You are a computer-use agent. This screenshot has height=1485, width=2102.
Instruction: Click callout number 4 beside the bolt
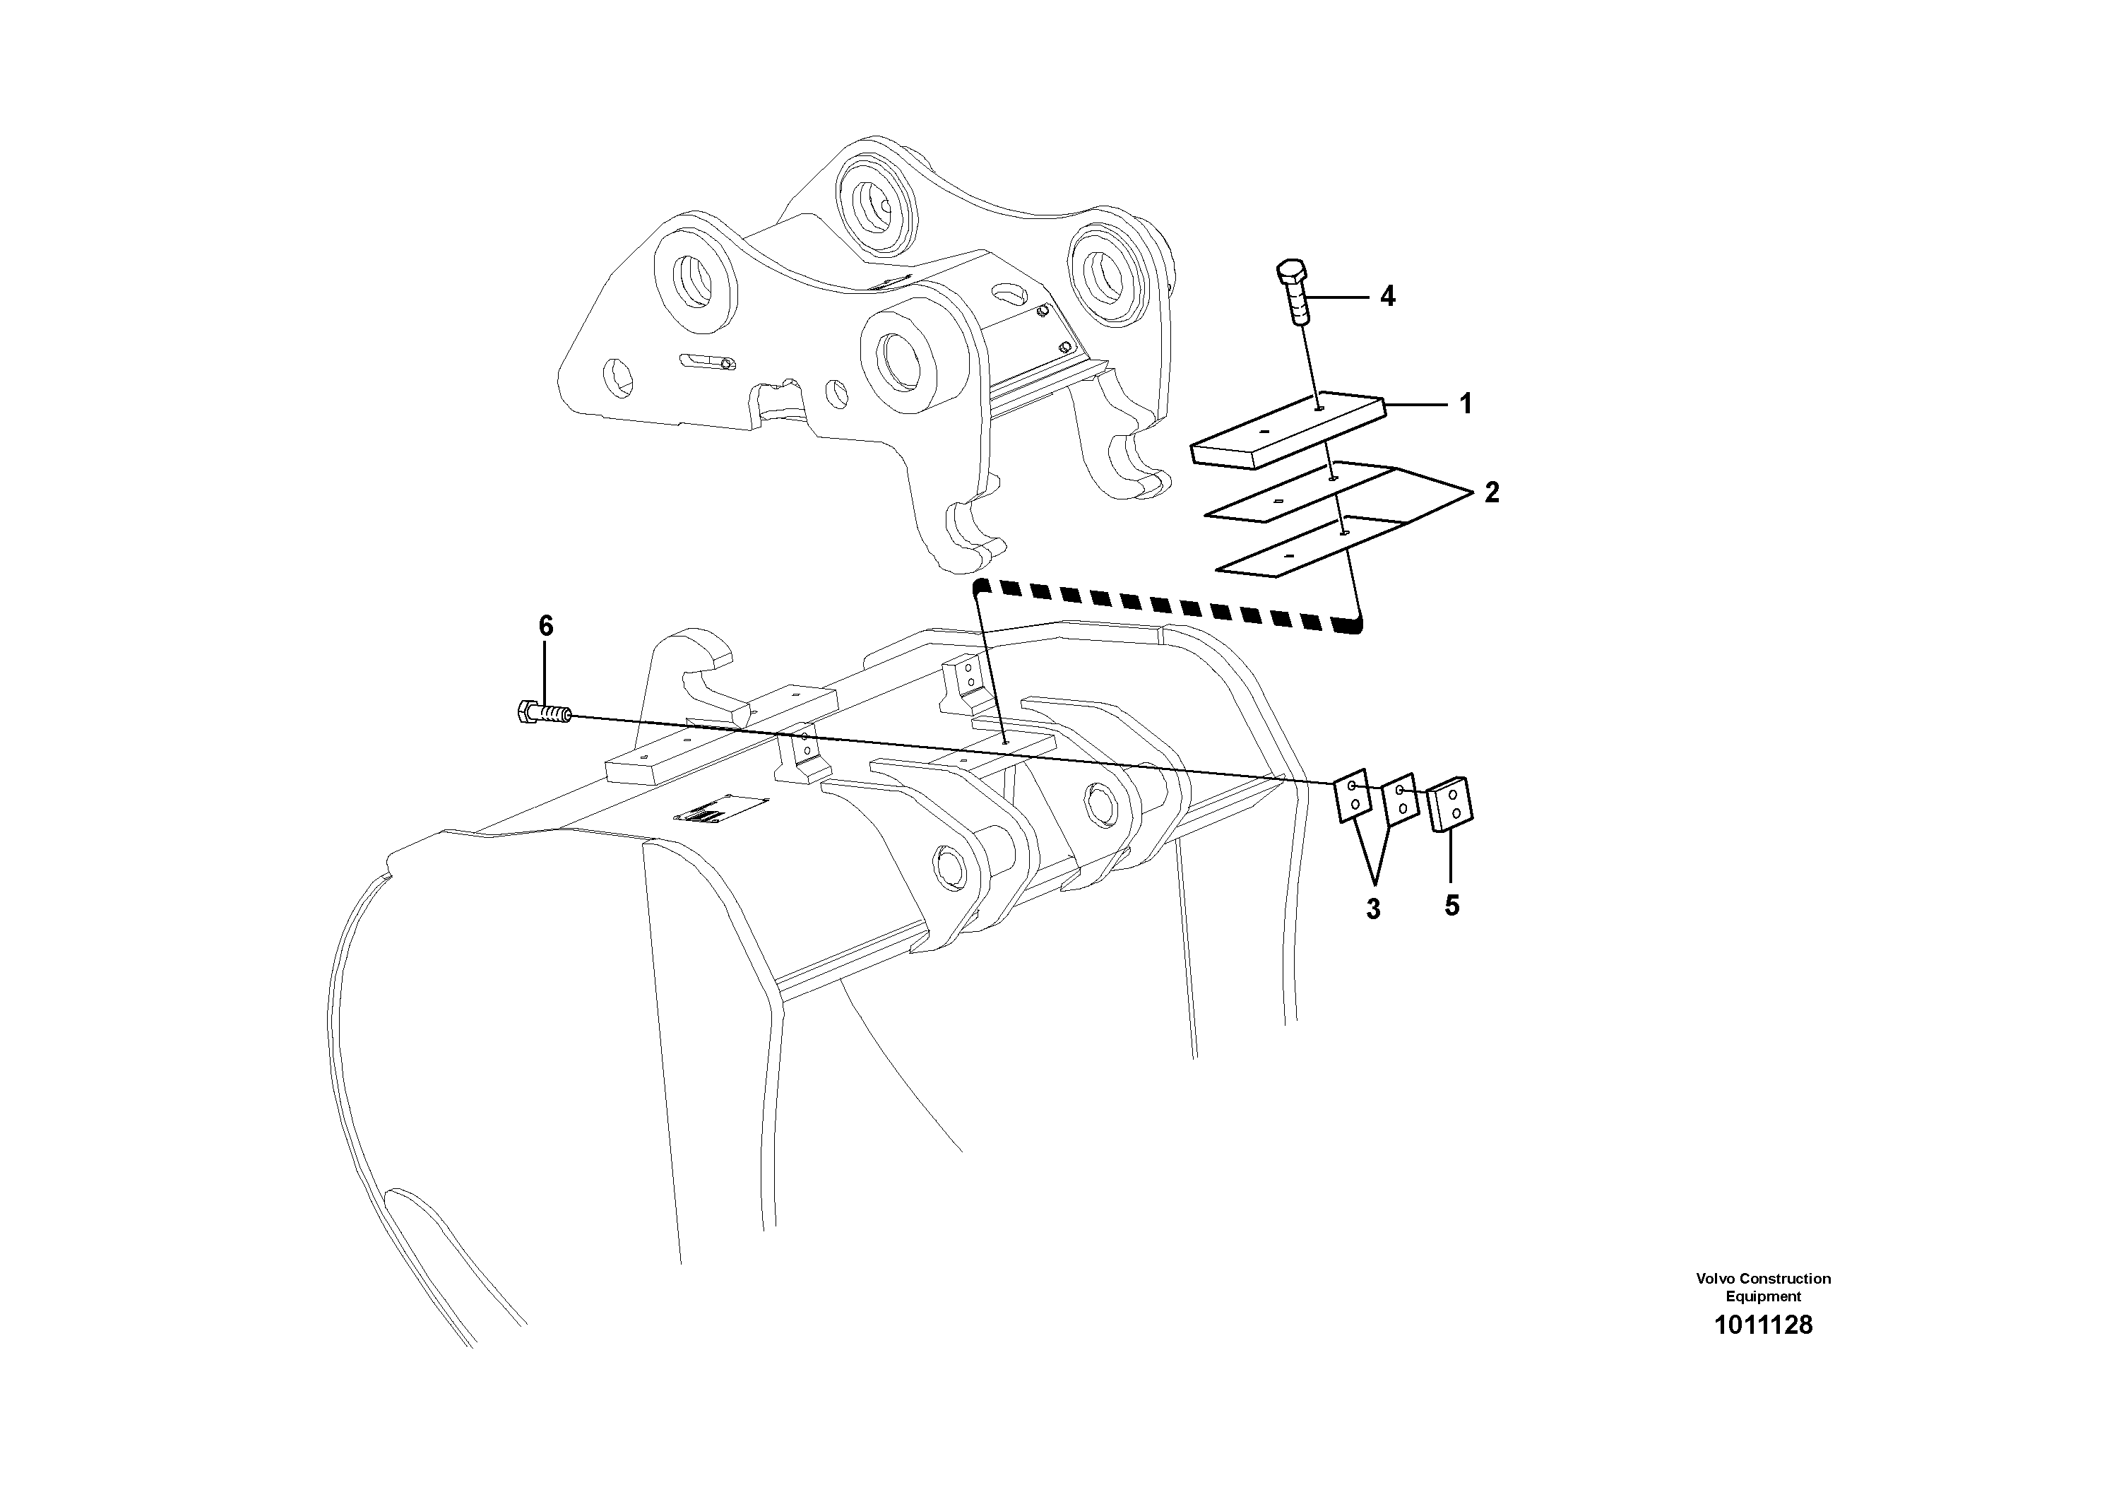(1387, 296)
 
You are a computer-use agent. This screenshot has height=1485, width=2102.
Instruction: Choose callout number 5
(1452, 906)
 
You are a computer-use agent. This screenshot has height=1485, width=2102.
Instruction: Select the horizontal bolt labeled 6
(544, 712)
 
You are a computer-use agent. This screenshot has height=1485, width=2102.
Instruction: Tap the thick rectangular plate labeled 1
(1286, 430)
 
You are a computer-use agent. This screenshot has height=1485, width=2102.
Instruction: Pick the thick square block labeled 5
(1450, 805)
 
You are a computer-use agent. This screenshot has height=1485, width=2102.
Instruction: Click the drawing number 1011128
(1762, 1325)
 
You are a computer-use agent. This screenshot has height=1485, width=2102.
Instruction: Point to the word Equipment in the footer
(1762, 1296)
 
